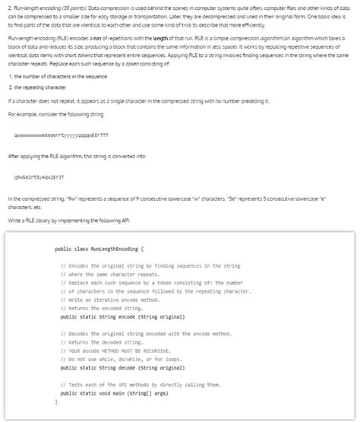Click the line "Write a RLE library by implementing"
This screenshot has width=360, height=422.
[69, 219]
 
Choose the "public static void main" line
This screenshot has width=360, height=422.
[111, 393]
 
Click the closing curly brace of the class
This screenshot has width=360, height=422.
[55, 401]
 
